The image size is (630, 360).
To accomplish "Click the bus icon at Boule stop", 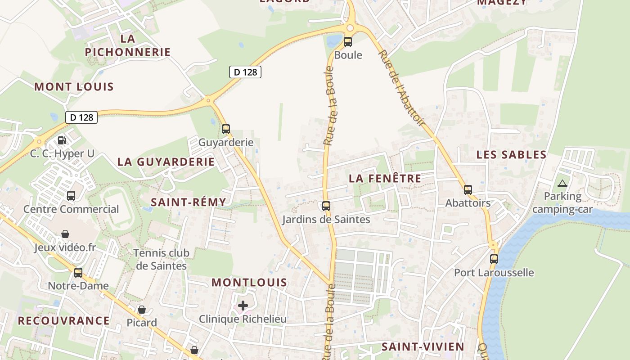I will pos(348,42).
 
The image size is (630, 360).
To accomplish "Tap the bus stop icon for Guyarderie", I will pos(226,129).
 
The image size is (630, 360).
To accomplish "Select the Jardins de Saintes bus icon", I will pos(326,206).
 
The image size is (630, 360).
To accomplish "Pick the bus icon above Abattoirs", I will pos(468,190).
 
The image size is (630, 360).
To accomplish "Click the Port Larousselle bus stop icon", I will pos(494,259).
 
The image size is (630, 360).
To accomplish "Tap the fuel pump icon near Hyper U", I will pos(62,140).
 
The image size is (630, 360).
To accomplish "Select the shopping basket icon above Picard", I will pos(142,310).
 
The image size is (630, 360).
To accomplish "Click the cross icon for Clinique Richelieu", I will pos(243,306).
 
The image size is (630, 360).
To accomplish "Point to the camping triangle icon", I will pos(562,183).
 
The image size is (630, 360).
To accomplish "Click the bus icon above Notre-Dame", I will pos(78,272).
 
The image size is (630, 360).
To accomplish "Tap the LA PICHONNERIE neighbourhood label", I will pos(128,45).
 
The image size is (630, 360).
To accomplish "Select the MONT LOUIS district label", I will pos(74,86).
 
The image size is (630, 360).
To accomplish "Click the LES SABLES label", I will pos(512,155).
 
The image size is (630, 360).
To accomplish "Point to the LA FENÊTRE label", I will pos(385,178).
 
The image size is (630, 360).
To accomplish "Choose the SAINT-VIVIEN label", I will pos(423,346).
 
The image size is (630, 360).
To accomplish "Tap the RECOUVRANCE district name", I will pos(63,321).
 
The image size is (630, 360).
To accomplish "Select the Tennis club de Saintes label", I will pos(161,259).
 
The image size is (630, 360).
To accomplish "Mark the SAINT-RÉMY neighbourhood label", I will pos(189,202).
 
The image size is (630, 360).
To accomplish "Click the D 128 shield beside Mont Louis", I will pos(81,117).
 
